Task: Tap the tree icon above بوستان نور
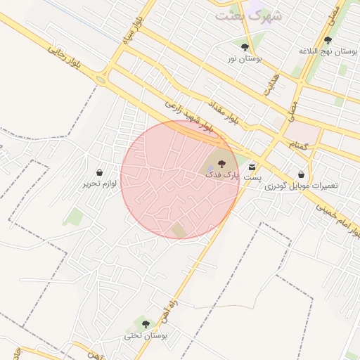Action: (x=245, y=47)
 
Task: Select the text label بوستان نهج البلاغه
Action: (x=328, y=51)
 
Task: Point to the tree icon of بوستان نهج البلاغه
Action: (x=328, y=40)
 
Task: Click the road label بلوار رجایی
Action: (x=65, y=56)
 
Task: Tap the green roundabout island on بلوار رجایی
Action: (x=101, y=79)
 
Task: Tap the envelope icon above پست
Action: (x=252, y=167)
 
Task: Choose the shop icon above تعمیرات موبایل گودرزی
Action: (x=302, y=174)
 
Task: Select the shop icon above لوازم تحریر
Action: (x=99, y=172)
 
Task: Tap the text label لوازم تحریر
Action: (x=99, y=184)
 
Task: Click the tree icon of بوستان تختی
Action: (x=146, y=324)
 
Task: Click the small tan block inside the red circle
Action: (x=179, y=230)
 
